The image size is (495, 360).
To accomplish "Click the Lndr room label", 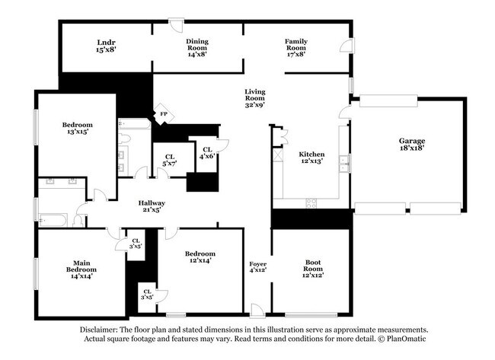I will click(106, 46).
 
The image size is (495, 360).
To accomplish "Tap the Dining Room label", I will click(197, 48).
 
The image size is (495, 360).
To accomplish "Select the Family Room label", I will click(296, 48).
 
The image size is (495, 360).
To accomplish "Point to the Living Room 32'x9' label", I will click(255, 96).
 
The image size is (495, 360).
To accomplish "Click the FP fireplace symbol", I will click(163, 114).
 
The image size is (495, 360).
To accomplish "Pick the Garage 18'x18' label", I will click(412, 145).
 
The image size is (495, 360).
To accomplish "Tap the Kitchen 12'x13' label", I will click(311, 157).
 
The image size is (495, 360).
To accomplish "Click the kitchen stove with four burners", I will click(311, 202).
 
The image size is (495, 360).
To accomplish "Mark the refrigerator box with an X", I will click(279, 155).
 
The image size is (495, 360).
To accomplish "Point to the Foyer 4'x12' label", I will click(257, 266).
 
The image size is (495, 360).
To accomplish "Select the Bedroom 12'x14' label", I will click(200, 258).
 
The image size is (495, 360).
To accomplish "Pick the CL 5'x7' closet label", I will click(169, 161).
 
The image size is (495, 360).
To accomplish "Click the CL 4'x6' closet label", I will click(206, 152).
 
